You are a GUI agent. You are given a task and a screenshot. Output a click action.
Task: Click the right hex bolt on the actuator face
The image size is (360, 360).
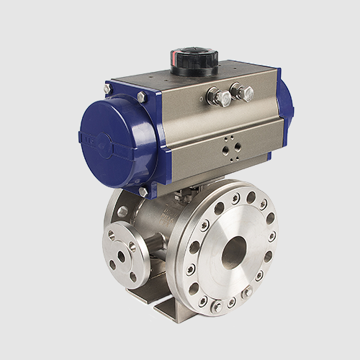click(243, 92)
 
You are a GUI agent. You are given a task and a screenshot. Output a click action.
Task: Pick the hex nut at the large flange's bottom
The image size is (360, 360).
click(217, 305)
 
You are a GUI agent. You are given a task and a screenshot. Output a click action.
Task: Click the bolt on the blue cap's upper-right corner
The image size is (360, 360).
click(142, 96)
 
